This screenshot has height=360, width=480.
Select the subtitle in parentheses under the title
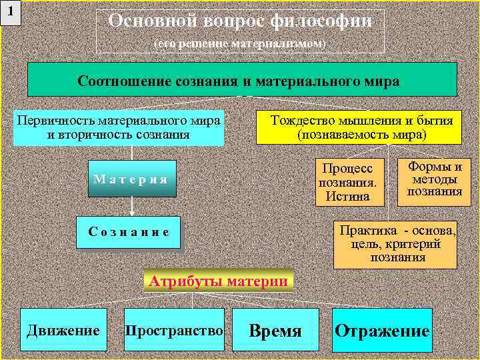tap(240, 43)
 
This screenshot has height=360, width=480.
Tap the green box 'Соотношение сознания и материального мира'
tap(241, 80)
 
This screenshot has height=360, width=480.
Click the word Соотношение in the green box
tap(124, 81)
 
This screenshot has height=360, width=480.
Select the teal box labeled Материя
tap(131, 179)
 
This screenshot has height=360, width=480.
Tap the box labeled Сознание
tap(128, 232)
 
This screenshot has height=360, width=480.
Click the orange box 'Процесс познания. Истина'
tap(343, 181)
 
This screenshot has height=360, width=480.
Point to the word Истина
tap(343, 196)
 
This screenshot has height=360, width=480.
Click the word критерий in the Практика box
tap(414, 244)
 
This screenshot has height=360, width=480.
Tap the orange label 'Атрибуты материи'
tap(219, 281)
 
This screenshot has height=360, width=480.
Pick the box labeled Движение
tap(63, 330)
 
